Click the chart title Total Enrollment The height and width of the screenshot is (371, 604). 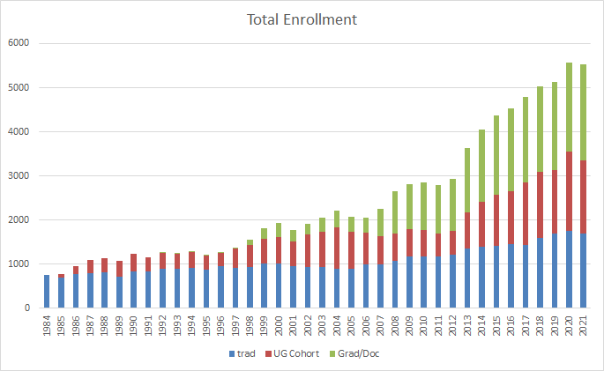(x=301, y=19)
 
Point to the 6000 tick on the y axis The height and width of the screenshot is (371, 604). (x=19, y=44)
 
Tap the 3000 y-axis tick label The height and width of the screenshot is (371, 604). (x=19, y=176)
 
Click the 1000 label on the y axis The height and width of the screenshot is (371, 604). (x=19, y=264)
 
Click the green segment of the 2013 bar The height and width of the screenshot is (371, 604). (x=467, y=180)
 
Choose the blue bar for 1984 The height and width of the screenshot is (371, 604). (x=46, y=292)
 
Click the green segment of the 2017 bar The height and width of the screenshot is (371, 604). (x=525, y=140)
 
